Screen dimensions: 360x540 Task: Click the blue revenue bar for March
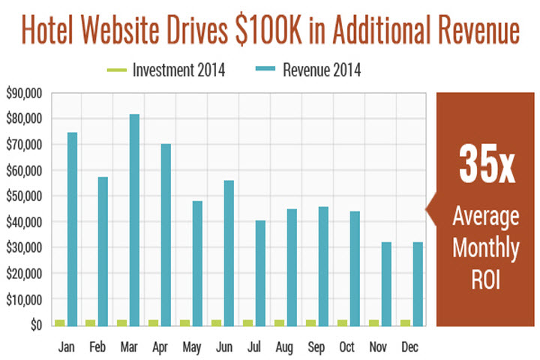click(133, 220)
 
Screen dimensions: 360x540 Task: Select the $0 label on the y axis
click(35, 325)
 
